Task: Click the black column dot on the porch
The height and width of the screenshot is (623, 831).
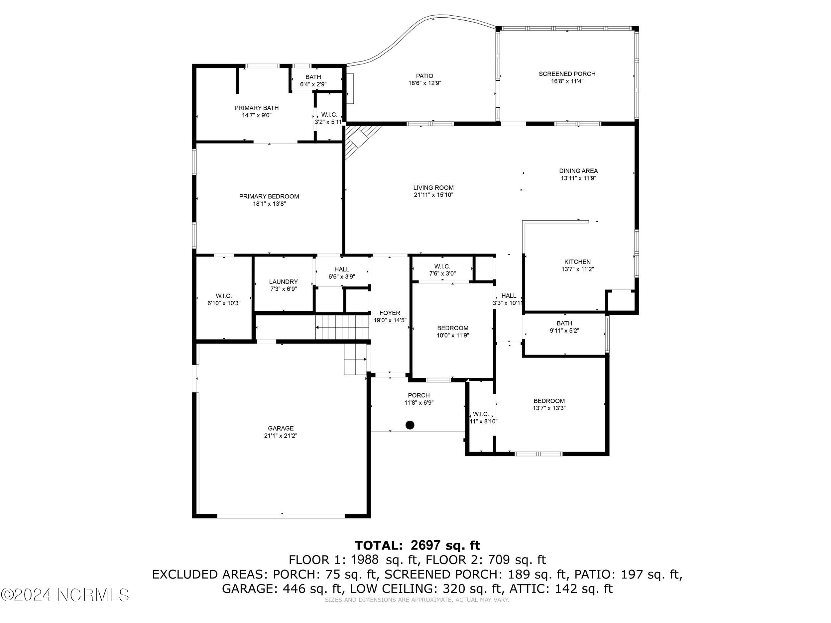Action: click(x=410, y=425)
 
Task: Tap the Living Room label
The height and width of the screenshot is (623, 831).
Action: click(x=433, y=187)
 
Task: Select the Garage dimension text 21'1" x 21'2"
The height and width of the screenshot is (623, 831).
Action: click(x=280, y=436)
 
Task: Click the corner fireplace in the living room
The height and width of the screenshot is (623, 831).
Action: click(x=357, y=141)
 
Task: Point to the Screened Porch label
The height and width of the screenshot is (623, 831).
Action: click(x=567, y=74)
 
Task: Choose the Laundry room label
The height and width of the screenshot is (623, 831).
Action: click(x=283, y=282)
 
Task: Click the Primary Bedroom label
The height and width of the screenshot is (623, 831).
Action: click(x=269, y=196)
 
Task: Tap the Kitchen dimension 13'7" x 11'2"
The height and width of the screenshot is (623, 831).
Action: click(x=577, y=269)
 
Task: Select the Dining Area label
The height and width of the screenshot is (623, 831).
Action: click(x=578, y=171)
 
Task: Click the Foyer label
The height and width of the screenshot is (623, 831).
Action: click(x=390, y=313)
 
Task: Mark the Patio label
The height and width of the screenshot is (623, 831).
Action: click(x=424, y=76)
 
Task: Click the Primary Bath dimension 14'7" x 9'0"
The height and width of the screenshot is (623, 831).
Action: click(x=257, y=115)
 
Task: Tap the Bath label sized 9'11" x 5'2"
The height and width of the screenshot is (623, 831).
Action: click(x=564, y=323)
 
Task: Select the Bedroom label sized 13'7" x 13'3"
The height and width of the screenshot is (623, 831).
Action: click(x=549, y=401)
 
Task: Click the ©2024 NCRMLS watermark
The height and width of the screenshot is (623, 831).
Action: click(x=64, y=595)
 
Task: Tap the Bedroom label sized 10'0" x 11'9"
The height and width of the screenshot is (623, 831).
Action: click(x=452, y=328)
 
